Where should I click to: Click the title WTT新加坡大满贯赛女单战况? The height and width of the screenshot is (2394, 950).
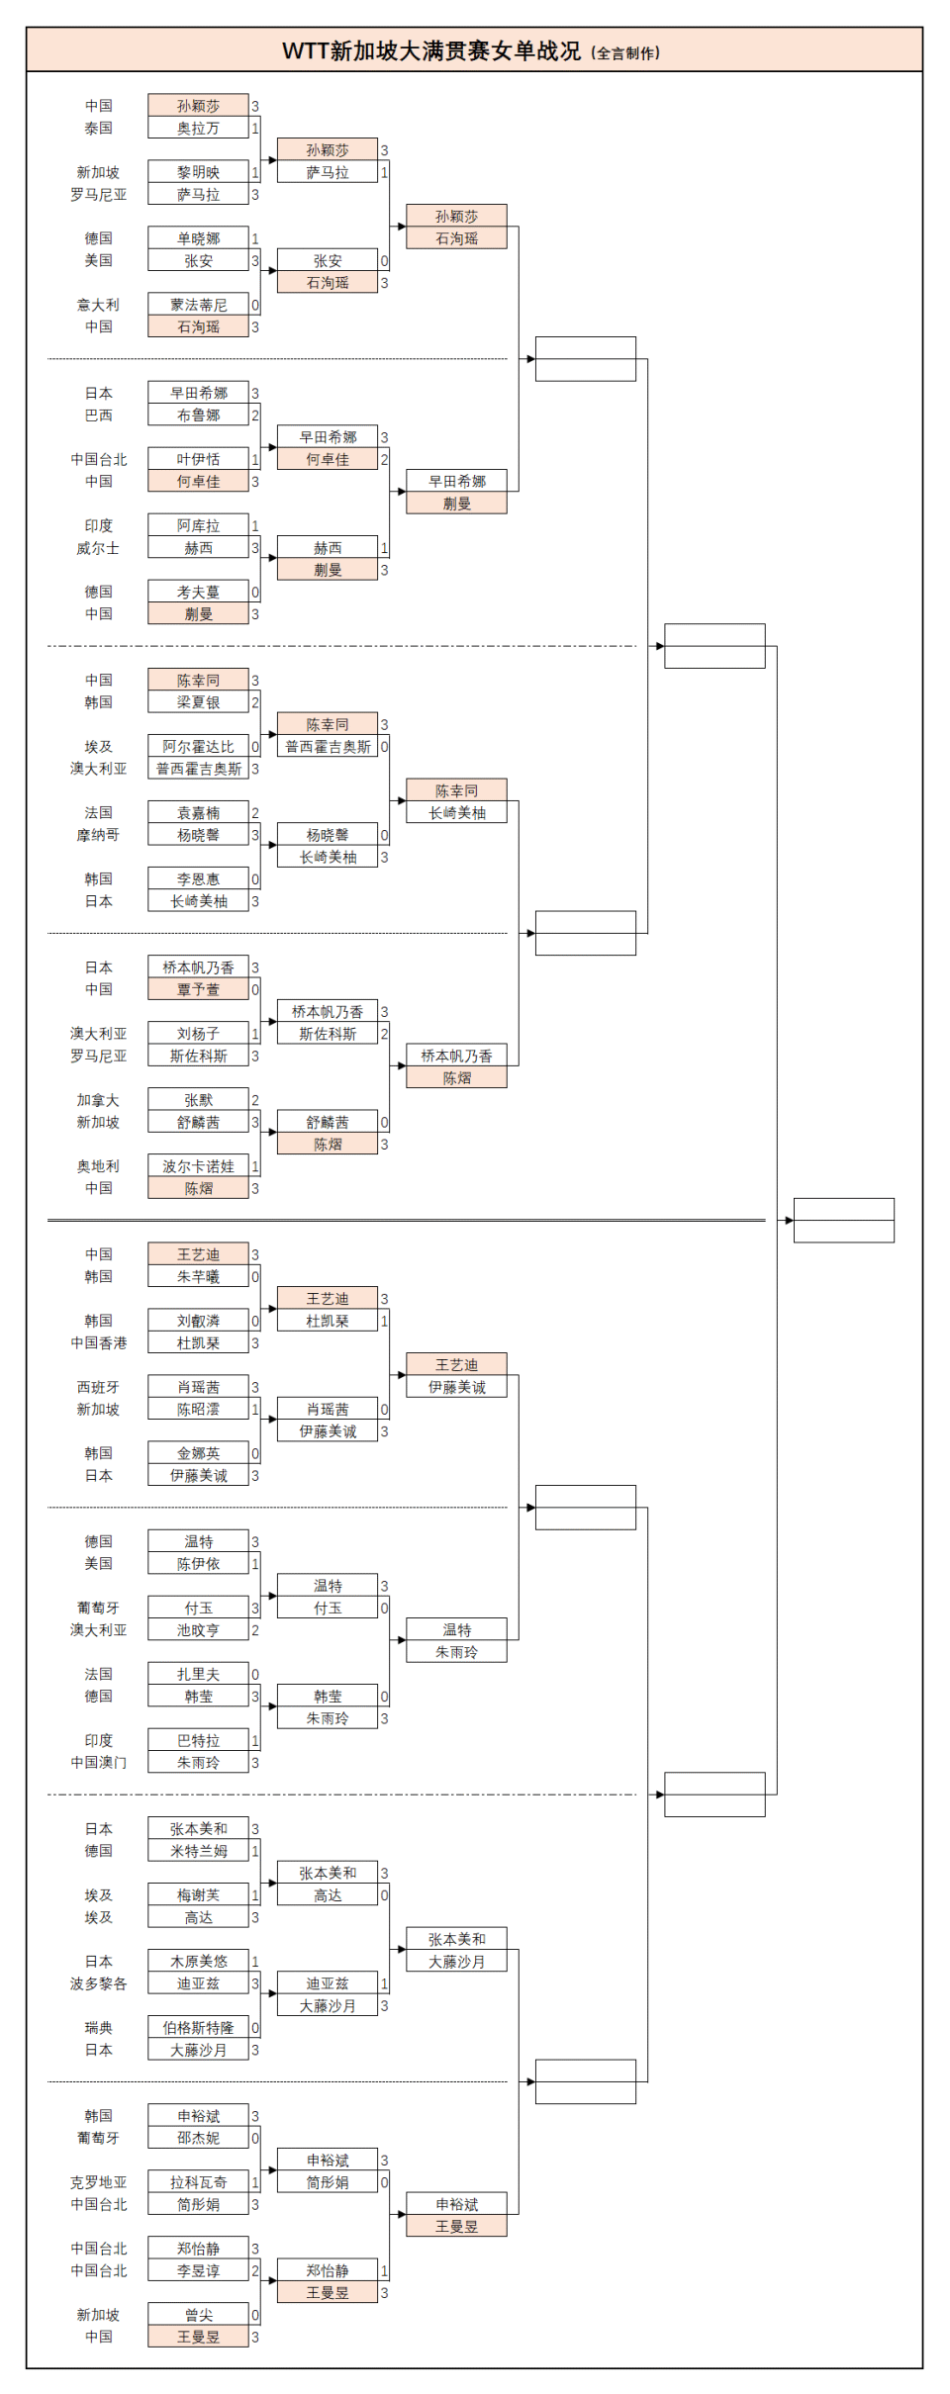point(431,51)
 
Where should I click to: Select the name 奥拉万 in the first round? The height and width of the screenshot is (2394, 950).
point(198,129)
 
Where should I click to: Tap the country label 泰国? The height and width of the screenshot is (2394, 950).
point(98,129)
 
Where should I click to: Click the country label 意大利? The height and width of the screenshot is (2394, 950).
point(98,305)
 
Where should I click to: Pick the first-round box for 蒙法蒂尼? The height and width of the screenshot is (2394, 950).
point(198,305)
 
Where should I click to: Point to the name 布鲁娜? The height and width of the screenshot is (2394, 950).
point(198,415)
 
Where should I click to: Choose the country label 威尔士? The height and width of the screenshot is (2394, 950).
point(98,548)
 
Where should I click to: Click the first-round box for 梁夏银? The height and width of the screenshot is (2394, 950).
point(198,702)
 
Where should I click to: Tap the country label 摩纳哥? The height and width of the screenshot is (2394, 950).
point(98,835)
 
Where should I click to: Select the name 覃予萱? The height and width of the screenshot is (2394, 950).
point(198,989)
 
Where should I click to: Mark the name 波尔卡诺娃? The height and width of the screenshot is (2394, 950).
point(198,1166)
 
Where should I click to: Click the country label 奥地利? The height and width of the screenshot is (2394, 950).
point(98,1166)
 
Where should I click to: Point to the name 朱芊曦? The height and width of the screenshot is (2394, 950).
point(198,1277)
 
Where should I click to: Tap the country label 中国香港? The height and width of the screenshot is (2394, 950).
point(98,1343)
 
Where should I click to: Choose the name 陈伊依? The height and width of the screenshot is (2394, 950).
point(198,1564)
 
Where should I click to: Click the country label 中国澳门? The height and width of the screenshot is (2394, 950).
point(98,1763)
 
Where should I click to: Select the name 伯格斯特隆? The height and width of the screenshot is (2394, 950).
point(198,2028)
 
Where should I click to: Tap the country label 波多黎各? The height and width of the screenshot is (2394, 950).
point(98,1983)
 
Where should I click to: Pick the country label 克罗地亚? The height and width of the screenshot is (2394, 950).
point(98,2182)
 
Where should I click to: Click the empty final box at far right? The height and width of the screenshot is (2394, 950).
point(843,1220)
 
